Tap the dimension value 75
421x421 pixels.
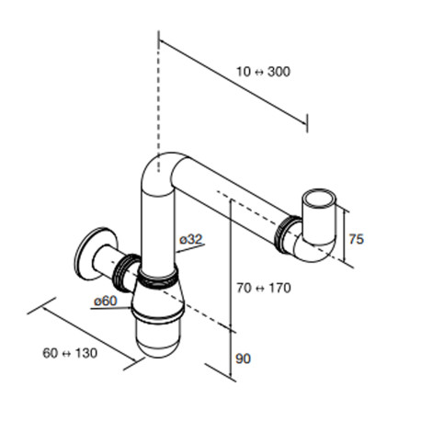point(357,239)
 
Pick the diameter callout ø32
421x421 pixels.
point(191,240)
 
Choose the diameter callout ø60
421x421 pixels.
point(106,301)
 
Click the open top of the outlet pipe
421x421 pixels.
point(318,199)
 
